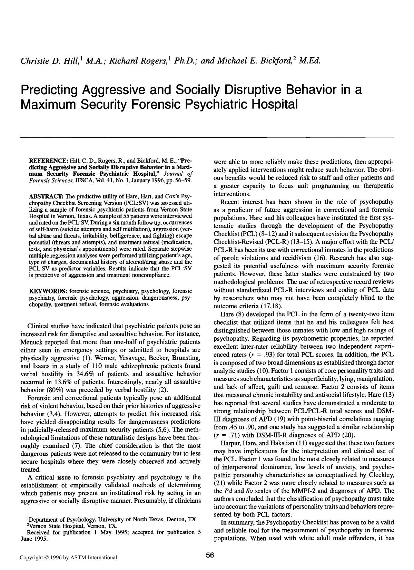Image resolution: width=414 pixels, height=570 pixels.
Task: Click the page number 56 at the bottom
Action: pos(210,555)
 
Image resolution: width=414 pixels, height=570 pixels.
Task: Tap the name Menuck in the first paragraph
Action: pos(32,342)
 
